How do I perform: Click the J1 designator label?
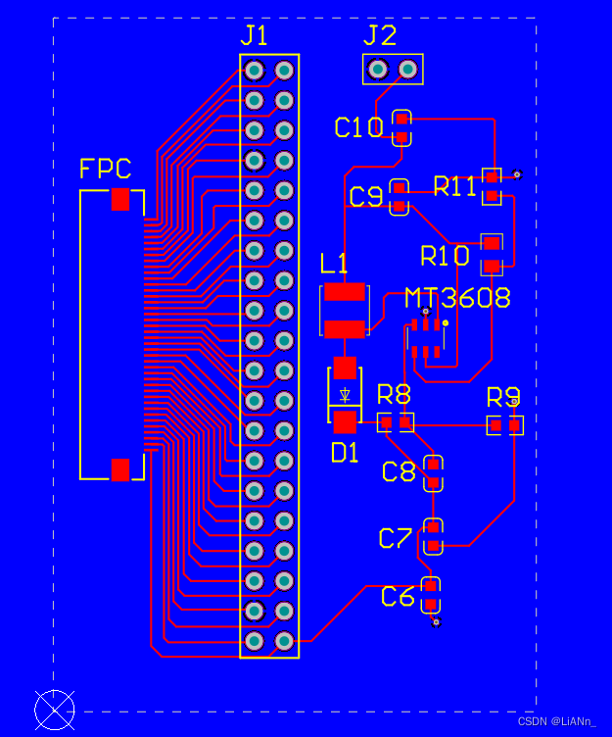point(254,35)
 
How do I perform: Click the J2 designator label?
point(380,35)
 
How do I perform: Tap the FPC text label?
point(105,169)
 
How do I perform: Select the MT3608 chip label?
point(457,298)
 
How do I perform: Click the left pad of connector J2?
point(378,70)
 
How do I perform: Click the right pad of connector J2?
point(407,70)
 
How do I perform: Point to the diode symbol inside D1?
point(345,395)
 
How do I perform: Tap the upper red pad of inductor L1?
point(345,292)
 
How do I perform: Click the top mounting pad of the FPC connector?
point(120,199)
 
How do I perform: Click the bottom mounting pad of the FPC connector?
point(120,470)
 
